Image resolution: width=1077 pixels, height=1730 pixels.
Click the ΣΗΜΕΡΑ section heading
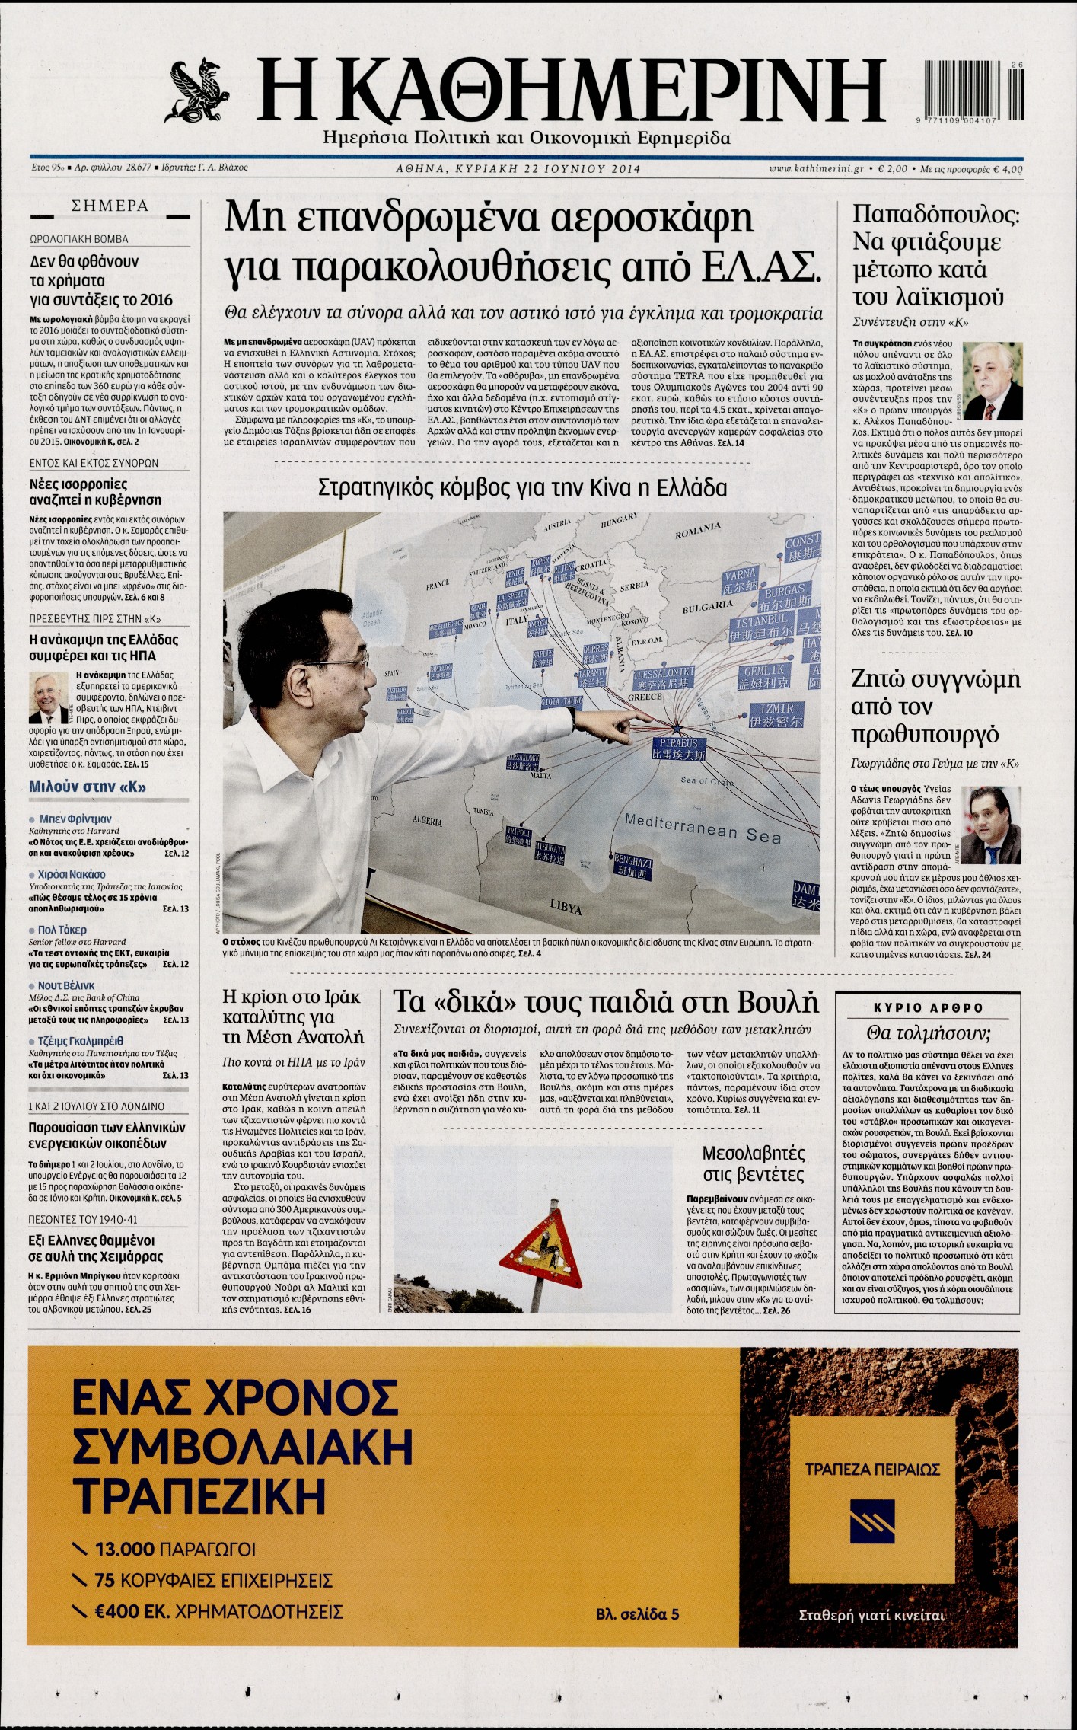click(110, 206)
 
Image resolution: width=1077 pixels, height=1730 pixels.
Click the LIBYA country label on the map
click(566, 909)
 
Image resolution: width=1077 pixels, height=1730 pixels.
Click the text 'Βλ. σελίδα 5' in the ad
click(638, 1631)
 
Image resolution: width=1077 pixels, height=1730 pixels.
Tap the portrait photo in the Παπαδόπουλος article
click(993, 381)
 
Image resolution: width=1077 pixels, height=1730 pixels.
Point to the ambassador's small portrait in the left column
click(49, 696)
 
